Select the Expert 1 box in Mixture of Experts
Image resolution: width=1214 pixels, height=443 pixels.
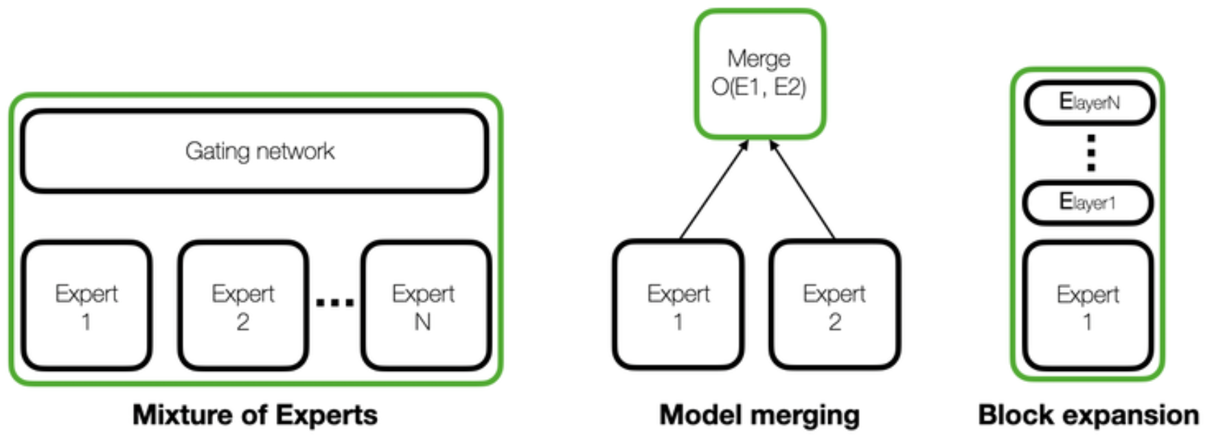pyautogui.click(x=87, y=306)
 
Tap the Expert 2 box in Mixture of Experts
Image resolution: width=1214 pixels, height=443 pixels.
pyautogui.click(x=243, y=306)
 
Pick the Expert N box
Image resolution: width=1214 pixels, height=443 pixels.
pyautogui.click(x=426, y=306)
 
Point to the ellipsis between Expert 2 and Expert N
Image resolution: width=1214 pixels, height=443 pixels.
pyautogui.click(x=334, y=301)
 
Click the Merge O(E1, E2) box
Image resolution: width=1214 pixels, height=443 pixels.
pyautogui.click(x=759, y=73)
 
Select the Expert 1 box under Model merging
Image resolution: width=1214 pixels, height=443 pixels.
pyautogui.click(x=678, y=306)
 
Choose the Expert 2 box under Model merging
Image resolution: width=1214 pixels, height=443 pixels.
pyautogui.click(x=834, y=306)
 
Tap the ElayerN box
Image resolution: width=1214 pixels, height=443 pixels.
pyautogui.click(x=1089, y=103)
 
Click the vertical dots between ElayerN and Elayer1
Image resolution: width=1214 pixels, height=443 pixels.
pyautogui.click(x=1091, y=153)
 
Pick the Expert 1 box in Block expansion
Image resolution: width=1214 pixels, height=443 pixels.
pyautogui.click(x=1088, y=306)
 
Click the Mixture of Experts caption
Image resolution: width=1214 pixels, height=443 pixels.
pyautogui.click(x=255, y=415)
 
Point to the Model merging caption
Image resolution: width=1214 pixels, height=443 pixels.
pyautogui.click(x=759, y=415)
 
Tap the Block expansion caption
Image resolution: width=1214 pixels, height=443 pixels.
pyautogui.click(x=1088, y=415)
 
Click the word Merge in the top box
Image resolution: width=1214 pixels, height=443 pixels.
pyautogui.click(x=759, y=58)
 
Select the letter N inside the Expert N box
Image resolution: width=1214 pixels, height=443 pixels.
pyautogui.click(x=423, y=322)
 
